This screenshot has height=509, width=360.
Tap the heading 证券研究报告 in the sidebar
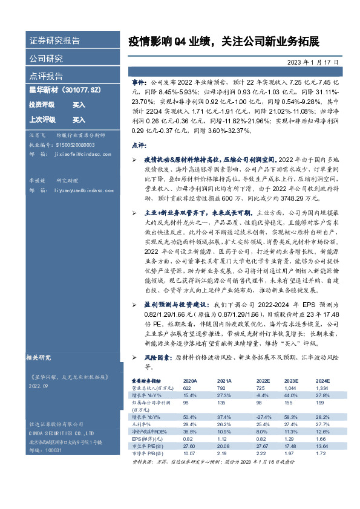54,41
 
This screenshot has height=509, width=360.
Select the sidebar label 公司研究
46,59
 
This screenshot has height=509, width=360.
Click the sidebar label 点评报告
46,76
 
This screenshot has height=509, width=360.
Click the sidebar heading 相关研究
41,358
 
